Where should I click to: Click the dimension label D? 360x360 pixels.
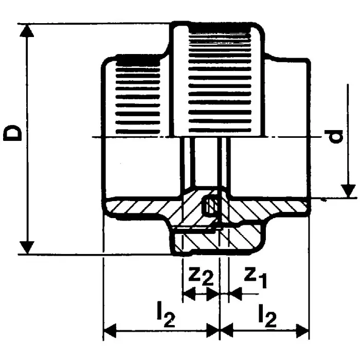[12, 133]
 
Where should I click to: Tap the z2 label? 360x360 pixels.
[201, 276]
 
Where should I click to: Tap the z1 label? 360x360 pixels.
[255, 277]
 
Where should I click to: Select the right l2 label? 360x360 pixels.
[267, 316]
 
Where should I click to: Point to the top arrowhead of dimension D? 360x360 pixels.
[27, 30]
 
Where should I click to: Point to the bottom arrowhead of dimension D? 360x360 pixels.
[27, 247]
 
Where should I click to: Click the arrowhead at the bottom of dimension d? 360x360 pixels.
[348, 191]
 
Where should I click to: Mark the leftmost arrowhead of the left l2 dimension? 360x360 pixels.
[110, 331]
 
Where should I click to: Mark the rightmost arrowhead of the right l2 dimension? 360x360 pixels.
[302, 331]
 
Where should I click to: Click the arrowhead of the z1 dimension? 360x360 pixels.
[235, 294]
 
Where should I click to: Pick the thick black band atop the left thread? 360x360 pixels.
[138, 61]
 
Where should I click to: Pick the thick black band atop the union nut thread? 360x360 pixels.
[220, 28]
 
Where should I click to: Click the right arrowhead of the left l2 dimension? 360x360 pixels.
[212, 331]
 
